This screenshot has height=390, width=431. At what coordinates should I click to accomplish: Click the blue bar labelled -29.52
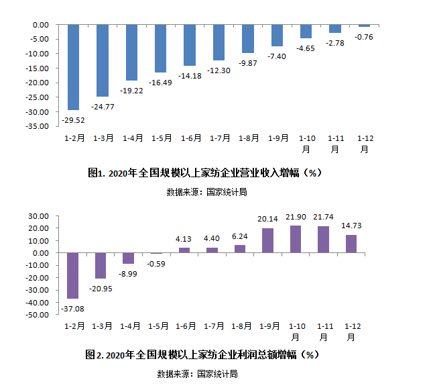coord(73,67)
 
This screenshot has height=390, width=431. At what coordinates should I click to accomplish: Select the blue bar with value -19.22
coord(131,52)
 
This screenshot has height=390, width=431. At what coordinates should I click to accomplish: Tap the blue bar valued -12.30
coord(219,42)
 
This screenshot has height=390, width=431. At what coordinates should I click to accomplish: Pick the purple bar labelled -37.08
coord(73,276)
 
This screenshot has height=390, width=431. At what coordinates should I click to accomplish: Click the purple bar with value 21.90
coord(296,239)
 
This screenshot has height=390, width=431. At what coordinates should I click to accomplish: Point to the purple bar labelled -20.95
coord(101,266)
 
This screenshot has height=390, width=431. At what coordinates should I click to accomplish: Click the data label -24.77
coord(103,106)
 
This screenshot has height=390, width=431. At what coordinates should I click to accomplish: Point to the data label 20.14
coord(267,219)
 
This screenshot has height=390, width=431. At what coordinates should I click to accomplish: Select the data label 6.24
coord(240,236)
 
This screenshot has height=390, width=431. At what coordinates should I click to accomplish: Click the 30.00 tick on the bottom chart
coord(37,216)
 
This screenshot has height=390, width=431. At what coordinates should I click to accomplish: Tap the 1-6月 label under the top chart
coord(191,138)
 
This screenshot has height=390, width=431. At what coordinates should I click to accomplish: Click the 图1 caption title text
coord(205,173)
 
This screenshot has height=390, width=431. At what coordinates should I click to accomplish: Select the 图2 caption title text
coord(201,354)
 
